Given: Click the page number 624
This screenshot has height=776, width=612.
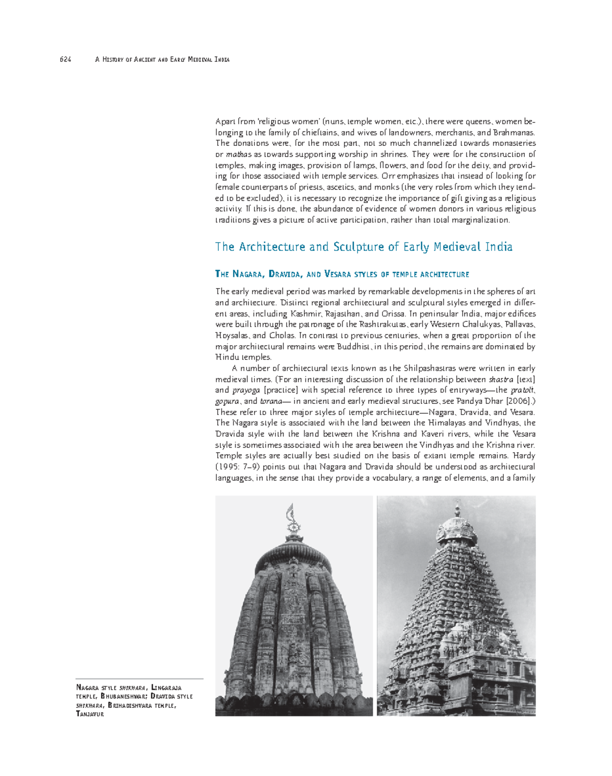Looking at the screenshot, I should [x=65, y=60].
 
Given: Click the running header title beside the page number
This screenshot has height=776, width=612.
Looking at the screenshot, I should [x=162, y=60].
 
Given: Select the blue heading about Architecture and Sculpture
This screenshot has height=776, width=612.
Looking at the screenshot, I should [x=364, y=247].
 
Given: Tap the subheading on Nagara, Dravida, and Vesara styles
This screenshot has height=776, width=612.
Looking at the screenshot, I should [x=342, y=274].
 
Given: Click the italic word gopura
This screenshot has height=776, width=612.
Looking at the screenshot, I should [x=226, y=401].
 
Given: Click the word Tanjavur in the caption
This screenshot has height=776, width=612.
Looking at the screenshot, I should [x=90, y=714].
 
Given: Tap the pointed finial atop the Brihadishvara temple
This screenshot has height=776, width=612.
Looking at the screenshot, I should [x=457, y=508].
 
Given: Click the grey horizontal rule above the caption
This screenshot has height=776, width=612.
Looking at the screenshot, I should [x=139, y=679].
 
